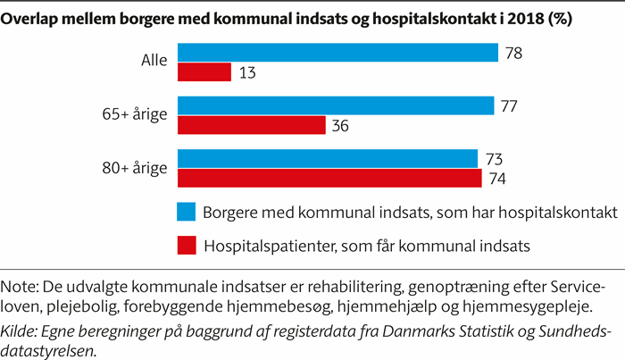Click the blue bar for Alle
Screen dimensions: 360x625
(x=337, y=53)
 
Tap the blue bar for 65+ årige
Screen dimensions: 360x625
(x=336, y=106)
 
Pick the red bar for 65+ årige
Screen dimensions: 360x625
(x=251, y=126)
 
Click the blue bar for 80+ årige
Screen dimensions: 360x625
(x=328, y=159)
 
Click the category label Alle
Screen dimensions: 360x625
(x=155, y=63)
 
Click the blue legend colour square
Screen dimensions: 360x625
(x=186, y=212)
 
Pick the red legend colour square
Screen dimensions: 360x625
(x=186, y=243)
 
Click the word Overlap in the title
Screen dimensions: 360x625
(x=33, y=18)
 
